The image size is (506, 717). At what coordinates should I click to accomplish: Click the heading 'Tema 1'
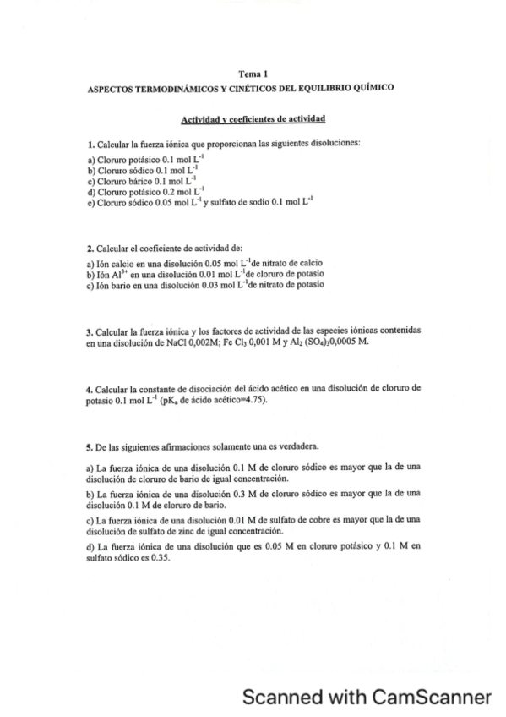point(253,75)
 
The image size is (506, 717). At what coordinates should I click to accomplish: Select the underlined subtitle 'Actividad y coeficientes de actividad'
point(253,119)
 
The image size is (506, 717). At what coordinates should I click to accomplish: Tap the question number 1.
point(90,145)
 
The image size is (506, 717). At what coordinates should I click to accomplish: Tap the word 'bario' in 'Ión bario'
point(123,285)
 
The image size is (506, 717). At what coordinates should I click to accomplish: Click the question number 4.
point(90,388)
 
